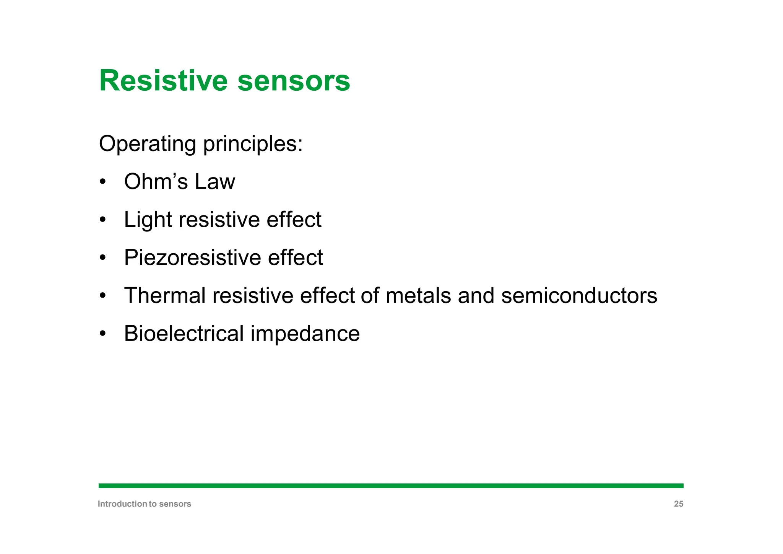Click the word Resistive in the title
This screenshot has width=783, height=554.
(x=163, y=81)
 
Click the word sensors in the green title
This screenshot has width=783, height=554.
(x=293, y=81)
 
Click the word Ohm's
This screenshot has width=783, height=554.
(x=156, y=181)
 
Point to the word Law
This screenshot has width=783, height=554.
(x=215, y=181)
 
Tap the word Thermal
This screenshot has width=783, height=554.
(x=165, y=295)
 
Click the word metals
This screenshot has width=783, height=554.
(x=418, y=295)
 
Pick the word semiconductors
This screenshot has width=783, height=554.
(x=579, y=295)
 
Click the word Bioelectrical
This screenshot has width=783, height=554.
(x=184, y=333)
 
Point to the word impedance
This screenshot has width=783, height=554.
(x=305, y=333)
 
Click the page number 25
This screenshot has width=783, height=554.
(x=678, y=504)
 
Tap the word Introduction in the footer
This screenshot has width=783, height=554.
(x=122, y=504)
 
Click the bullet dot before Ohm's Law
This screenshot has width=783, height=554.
(x=102, y=182)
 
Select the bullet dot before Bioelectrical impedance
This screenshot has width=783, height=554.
(x=102, y=334)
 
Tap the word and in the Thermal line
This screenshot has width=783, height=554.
(x=476, y=295)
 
